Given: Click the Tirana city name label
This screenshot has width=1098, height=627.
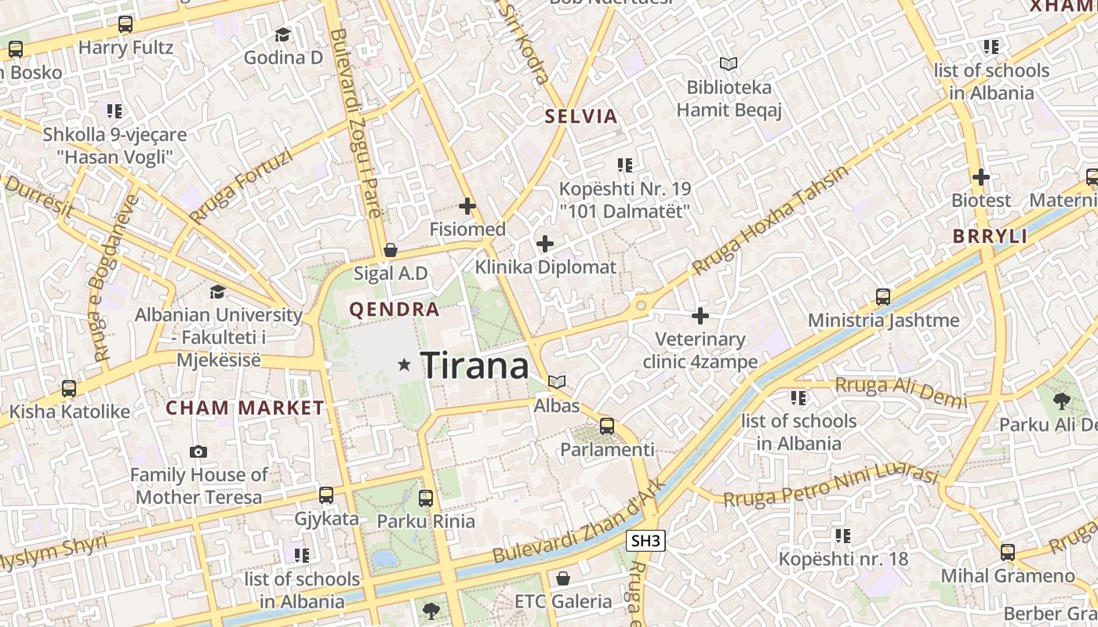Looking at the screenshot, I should [x=474, y=365].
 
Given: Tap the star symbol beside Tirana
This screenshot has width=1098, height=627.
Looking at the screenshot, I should [x=405, y=364].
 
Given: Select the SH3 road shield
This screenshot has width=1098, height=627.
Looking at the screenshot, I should [x=646, y=540].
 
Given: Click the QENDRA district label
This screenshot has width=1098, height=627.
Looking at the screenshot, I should [x=394, y=310].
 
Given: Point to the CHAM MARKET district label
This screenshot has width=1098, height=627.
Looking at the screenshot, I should [x=245, y=408].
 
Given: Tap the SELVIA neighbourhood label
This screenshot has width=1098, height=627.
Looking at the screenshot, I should [x=581, y=117].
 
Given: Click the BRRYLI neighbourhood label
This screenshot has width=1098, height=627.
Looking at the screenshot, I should [x=990, y=236].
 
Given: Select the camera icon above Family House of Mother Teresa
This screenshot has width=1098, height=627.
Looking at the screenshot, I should [x=198, y=451].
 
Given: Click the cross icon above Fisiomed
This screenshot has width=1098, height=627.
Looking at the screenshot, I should [x=467, y=206].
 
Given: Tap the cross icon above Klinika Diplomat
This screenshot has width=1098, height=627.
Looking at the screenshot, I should [x=545, y=244].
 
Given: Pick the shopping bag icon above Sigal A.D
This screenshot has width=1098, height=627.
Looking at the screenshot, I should [x=391, y=250].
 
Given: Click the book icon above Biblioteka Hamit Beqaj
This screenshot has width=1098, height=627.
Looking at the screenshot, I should [x=729, y=63].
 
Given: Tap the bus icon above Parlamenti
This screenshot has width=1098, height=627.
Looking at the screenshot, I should [x=607, y=426].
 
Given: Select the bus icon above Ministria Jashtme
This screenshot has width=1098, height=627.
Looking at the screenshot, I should [x=883, y=297].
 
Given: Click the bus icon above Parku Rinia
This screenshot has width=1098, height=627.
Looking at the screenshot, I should [x=426, y=498].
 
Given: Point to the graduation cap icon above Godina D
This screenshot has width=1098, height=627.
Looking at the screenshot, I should [x=282, y=34].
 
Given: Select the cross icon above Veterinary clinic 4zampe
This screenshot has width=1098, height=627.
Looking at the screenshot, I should [x=700, y=316].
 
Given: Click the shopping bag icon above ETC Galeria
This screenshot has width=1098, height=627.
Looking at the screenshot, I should [x=562, y=578].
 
